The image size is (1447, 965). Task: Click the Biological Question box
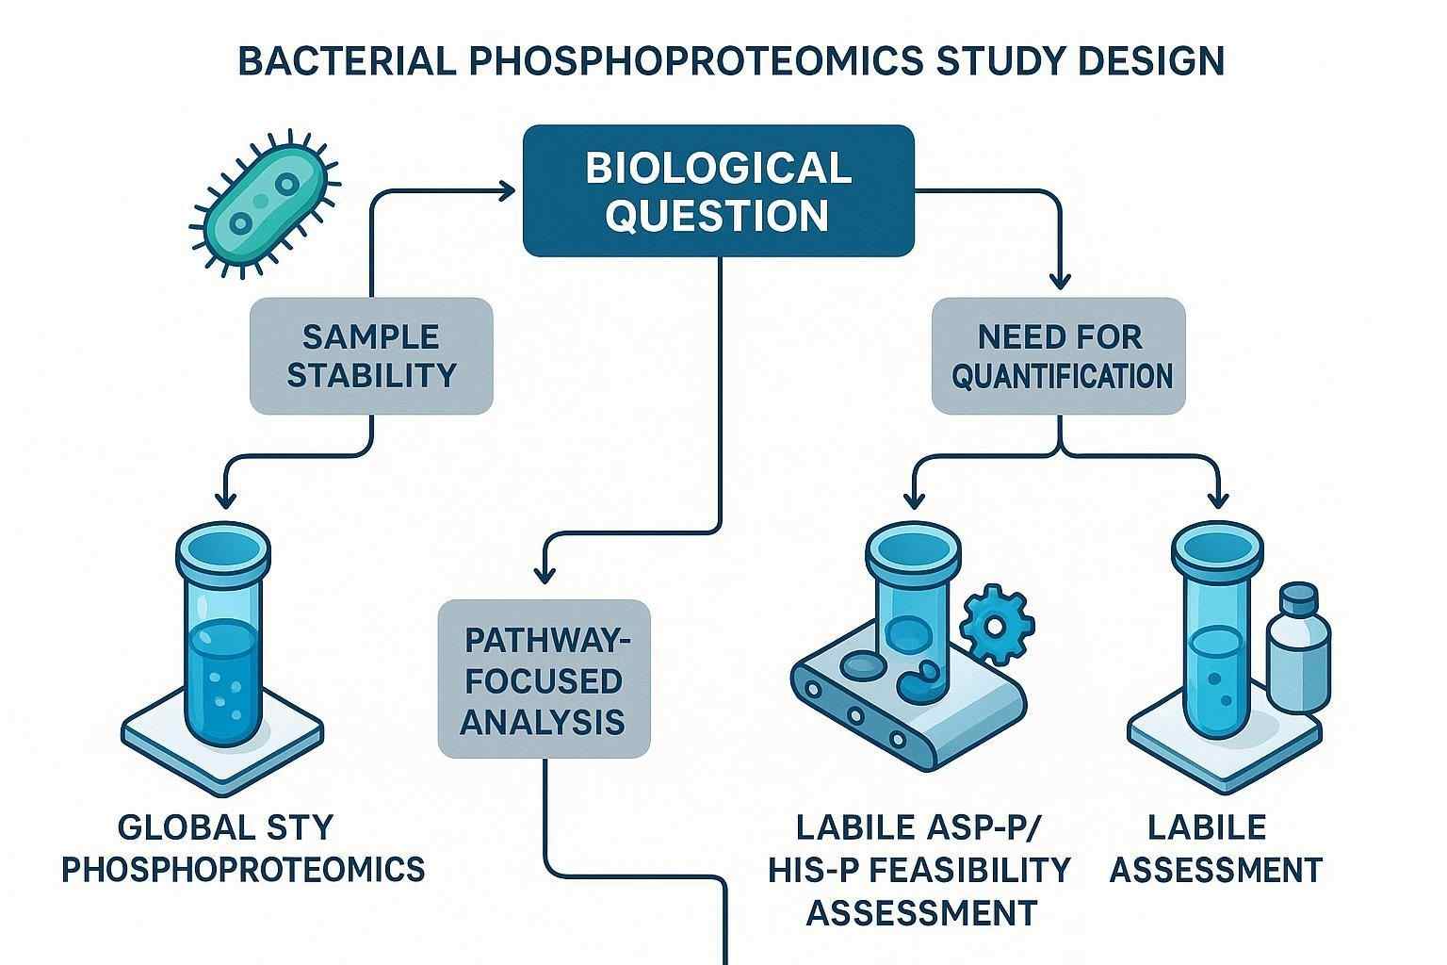click(x=718, y=191)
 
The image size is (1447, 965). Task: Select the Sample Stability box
click(x=371, y=356)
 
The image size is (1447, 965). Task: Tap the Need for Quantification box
click(x=1059, y=356)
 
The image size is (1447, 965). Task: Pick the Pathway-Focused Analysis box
click(x=545, y=679)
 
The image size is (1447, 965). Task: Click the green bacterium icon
click(x=265, y=208)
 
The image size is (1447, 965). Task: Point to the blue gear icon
click(x=997, y=624)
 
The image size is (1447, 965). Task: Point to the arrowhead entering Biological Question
click(x=509, y=191)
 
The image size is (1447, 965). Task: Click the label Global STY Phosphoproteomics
click(x=242, y=848)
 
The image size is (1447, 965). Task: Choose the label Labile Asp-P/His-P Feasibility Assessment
click(x=919, y=870)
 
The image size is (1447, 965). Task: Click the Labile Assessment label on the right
click(x=1215, y=848)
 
